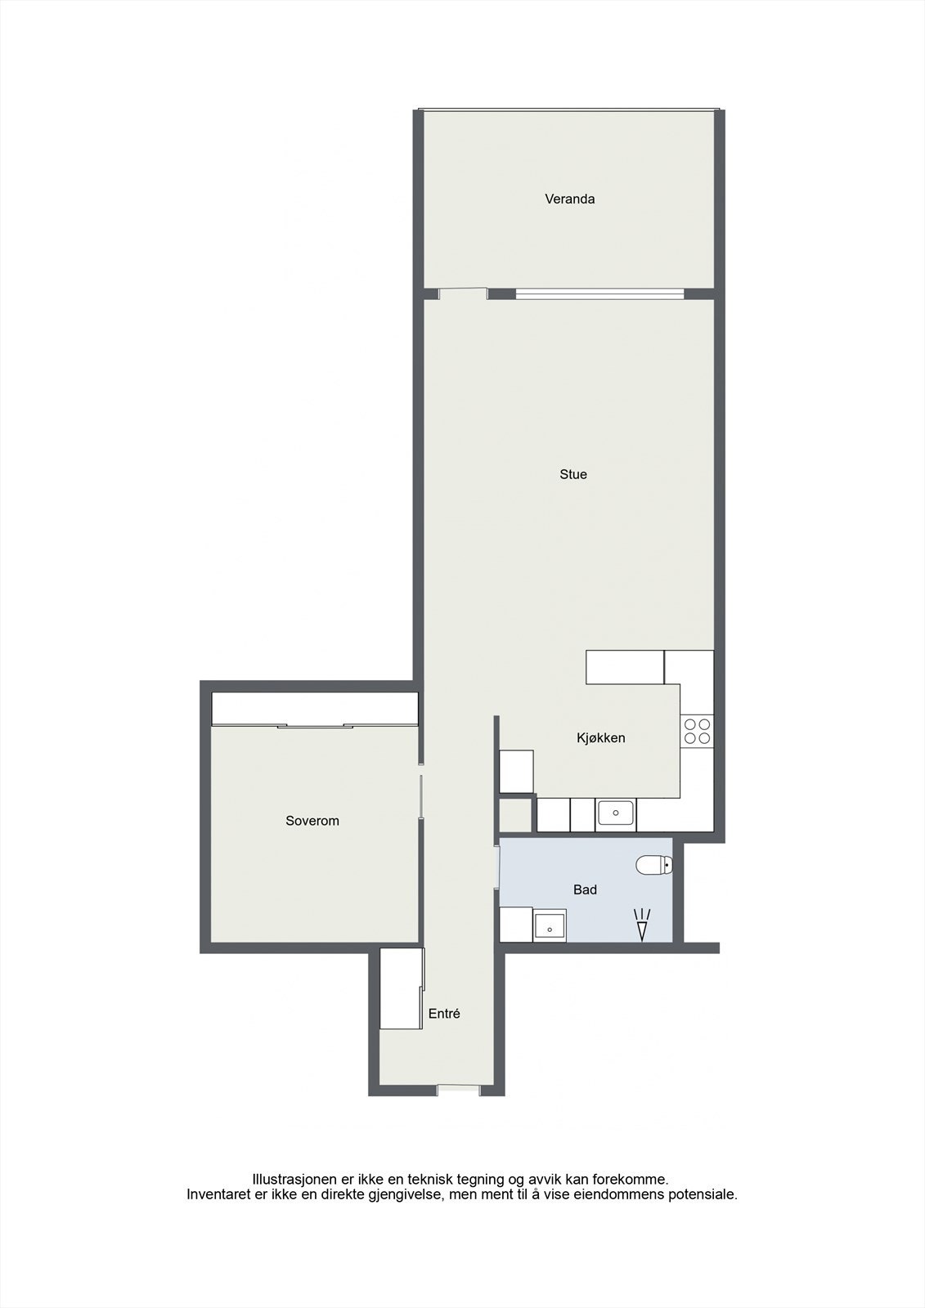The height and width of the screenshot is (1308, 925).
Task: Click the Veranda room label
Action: tap(569, 199)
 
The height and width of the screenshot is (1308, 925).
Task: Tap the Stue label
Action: tap(573, 474)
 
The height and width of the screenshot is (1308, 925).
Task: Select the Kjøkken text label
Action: tap(600, 737)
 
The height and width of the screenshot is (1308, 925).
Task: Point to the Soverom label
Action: tap(312, 821)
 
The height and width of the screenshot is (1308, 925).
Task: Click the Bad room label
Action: tap(585, 889)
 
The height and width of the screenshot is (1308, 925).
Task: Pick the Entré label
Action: tap(444, 1014)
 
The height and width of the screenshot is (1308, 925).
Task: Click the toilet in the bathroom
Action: tap(654, 864)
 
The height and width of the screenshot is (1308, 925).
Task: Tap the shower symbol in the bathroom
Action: tap(642, 925)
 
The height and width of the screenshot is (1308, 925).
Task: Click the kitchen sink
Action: tap(616, 813)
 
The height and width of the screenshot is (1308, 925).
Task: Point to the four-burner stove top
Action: tap(697, 731)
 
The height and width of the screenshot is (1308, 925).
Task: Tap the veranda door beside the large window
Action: tap(462, 293)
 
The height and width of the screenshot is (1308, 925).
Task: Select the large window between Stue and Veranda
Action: tap(599, 293)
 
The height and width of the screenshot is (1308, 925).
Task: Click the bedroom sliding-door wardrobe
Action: tap(315, 709)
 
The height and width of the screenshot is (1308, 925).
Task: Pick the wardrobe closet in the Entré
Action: tap(402, 988)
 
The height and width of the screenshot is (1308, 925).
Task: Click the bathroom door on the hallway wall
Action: tap(497, 867)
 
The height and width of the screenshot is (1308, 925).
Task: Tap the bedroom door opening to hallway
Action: tap(421, 795)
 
